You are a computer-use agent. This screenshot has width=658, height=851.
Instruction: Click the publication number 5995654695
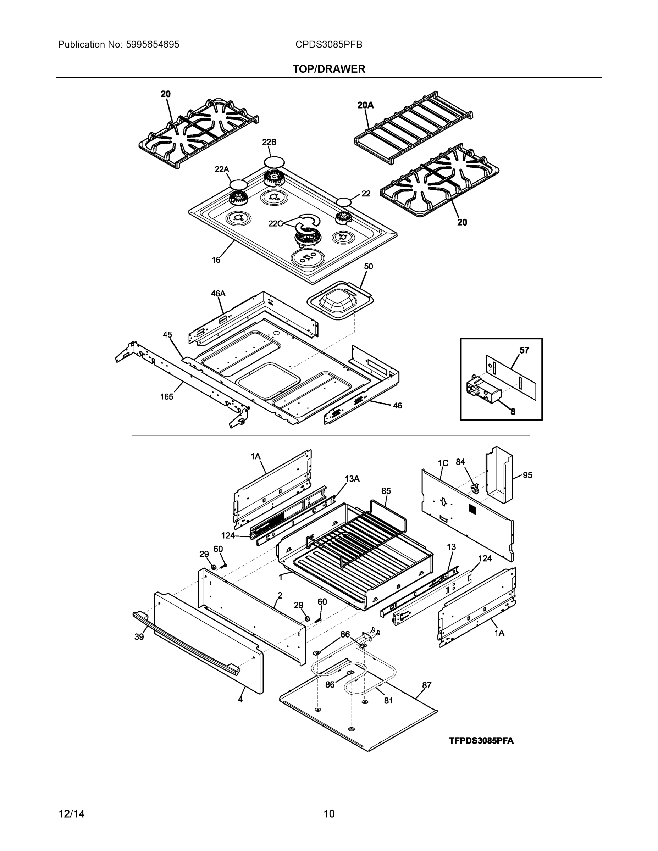click(153, 44)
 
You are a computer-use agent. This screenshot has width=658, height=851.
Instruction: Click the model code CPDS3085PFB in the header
click(328, 44)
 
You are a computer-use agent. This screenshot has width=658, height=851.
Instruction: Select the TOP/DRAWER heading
click(328, 69)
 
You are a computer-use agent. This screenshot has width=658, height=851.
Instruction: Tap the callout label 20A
click(365, 105)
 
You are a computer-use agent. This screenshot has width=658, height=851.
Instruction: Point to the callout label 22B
click(269, 142)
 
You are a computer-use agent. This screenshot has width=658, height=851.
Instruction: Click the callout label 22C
click(275, 223)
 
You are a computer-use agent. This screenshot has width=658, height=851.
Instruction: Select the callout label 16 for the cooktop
click(216, 260)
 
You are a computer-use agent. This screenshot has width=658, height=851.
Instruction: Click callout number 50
click(368, 266)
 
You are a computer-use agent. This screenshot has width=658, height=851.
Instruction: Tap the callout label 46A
click(218, 293)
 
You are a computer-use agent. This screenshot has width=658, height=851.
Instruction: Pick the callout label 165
click(166, 397)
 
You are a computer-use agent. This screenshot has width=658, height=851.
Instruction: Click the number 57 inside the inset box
click(524, 350)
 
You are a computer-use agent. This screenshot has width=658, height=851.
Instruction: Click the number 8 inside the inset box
click(513, 411)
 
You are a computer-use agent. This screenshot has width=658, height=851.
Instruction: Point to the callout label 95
click(527, 475)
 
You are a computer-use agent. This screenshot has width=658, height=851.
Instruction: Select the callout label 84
click(460, 462)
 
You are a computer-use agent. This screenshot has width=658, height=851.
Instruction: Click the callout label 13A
click(352, 479)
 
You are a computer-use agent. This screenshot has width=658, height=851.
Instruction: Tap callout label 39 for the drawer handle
click(139, 637)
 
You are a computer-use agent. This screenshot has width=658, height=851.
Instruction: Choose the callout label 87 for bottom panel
click(426, 685)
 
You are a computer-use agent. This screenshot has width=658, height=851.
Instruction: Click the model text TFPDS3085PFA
click(481, 741)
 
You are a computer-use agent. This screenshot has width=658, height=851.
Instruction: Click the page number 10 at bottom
click(328, 814)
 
